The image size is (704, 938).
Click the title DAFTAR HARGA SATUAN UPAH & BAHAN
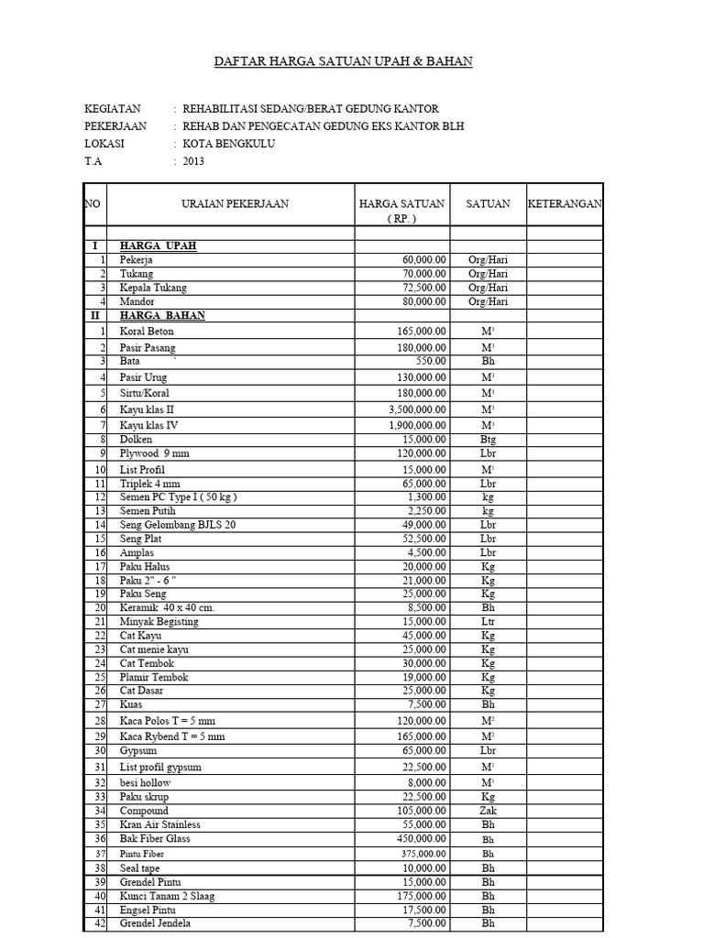tap(343, 61)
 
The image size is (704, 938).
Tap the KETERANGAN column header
tap(565, 203)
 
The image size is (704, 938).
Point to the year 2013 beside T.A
tap(193, 161)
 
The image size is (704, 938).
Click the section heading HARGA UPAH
tap(159, 246)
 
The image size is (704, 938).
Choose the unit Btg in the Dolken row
tap(488, 440)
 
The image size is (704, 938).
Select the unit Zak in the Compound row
tap(488, 811)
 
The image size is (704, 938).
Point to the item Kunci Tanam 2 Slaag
tap(167, 896)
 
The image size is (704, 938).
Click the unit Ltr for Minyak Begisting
tap(488, 622)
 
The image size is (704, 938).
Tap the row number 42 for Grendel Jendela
tap(100, 923)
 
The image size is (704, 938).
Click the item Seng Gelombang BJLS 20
tap(178, 525)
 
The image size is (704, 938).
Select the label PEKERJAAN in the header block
tap(115, 126)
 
